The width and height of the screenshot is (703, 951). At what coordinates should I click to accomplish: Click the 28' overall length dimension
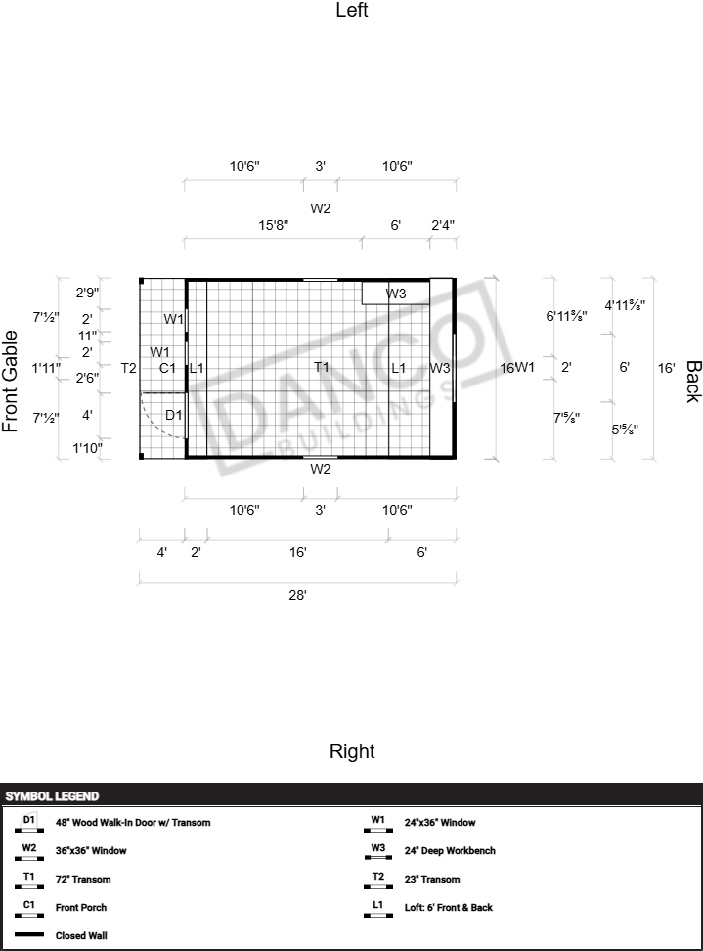point(298,595)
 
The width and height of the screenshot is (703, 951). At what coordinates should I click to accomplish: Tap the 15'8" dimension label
point(274,225)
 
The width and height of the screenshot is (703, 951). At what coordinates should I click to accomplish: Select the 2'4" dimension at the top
point(443,225)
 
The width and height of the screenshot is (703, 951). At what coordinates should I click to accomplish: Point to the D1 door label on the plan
point(173,415)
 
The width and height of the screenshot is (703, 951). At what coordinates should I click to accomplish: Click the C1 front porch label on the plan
point(167,368)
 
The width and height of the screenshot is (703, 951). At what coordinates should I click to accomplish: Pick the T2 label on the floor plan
point(129,368)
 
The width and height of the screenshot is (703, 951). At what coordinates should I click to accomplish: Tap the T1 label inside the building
point(322,368)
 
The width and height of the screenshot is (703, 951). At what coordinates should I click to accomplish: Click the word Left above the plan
point(352,11)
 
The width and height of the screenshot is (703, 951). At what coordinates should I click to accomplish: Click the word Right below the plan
point(352,751)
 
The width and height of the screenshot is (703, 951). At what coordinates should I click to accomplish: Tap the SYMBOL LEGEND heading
point(52,796)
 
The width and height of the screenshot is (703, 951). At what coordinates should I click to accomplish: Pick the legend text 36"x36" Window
point(91,851)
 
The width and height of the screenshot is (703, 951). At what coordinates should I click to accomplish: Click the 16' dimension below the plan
point(298,553)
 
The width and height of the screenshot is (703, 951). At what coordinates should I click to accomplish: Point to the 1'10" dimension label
point(88,448)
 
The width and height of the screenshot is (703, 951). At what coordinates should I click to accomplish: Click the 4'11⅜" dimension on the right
point(625,305)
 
